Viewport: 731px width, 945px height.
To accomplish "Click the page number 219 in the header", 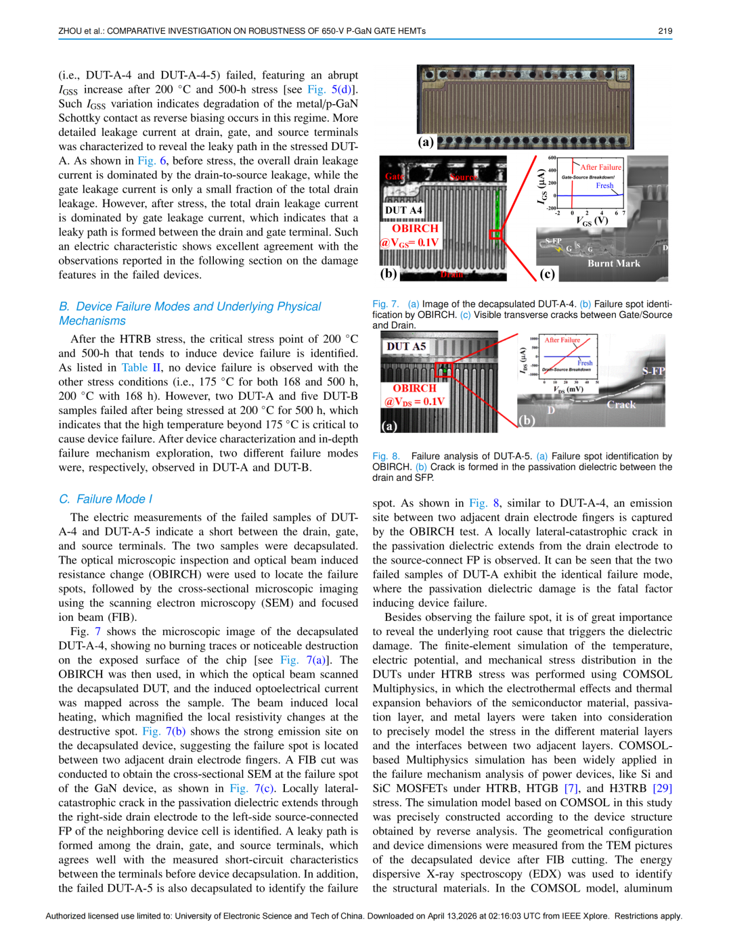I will click(x=665, y=30).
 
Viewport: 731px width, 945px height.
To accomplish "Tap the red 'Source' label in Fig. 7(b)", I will click(x=464, y=177).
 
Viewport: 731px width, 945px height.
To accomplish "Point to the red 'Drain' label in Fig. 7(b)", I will click(x=451, y=274).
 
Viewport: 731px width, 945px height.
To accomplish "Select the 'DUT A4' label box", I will click(x=403, y=210).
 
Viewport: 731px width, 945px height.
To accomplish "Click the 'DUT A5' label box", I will click(x=406, y=346).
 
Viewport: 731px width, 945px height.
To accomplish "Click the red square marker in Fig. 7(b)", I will click(x=495, y=234).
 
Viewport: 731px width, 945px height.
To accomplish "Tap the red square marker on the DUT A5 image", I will click(x=443, y=369).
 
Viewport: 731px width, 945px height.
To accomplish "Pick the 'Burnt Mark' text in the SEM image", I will click(x=613, y=263).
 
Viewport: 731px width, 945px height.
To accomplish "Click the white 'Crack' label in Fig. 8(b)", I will click(x=621, y=405).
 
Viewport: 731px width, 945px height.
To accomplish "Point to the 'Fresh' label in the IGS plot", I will click(x=604, y=185).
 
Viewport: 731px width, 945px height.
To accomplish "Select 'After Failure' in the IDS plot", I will click(x=562, y=340).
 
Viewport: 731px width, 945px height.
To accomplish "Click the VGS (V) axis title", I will click(x=592, y=221).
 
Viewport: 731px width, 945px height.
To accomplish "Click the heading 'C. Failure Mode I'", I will click(x=106, y=499).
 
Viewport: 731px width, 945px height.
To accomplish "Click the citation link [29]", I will click(x=662, y=788).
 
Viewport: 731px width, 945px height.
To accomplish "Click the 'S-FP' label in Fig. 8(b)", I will click(x=653, y=371).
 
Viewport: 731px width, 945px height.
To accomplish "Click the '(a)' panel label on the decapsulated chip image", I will click(x=426, y=141).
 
